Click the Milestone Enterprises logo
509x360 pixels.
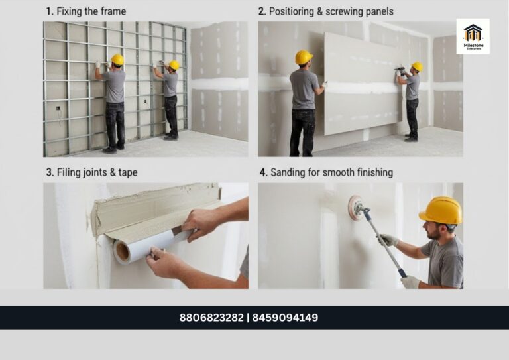[x=473, y=36]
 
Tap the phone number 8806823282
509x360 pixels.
[x=211, y=318]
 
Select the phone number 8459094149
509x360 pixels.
[x=285, y=318]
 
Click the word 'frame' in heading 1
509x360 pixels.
[x=113, y=11]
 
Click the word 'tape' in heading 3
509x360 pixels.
[x=127, y=172]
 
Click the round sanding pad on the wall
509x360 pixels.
[x=355, y=208]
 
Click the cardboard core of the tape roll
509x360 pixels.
[x=123, y=251]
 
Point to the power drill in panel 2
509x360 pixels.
[x=400, y=69]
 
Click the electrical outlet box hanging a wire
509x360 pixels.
[x=58, y=108]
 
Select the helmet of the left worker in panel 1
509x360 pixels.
[x=117, y=60]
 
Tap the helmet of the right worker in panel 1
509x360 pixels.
[x=174, y=64]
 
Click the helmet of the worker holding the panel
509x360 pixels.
[x=303, y=57]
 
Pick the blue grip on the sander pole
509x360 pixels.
[x=402, y=272]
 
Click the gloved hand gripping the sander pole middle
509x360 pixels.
[x=388, y=240]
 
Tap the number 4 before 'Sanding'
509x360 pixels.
[x=262, y=172]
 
